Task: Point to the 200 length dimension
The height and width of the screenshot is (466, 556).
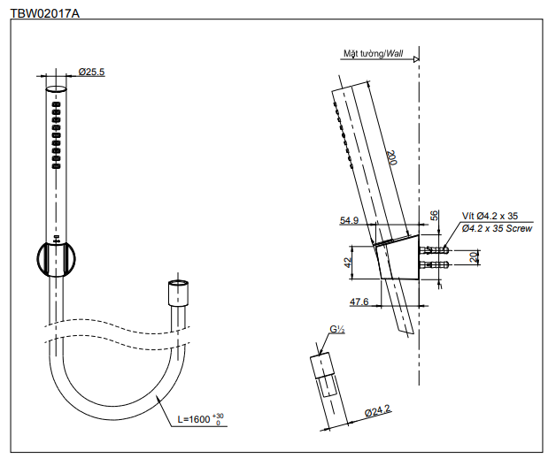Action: (390, 158)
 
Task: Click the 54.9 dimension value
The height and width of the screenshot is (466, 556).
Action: (348, 221)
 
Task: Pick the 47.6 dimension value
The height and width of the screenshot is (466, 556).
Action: (359, 302)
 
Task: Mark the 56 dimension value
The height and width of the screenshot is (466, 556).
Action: (435, 216)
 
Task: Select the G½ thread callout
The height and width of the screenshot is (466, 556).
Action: (336, 330)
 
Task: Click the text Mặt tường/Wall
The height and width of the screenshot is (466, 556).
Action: (373, 54)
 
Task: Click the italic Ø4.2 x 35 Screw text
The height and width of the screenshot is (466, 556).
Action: (497, 228)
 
